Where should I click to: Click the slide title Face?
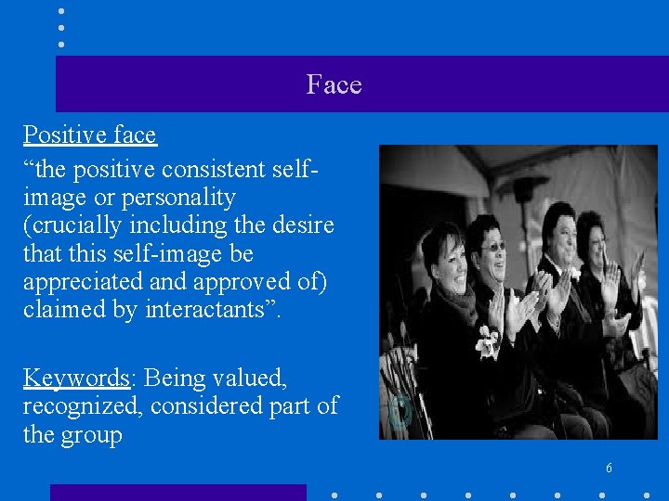[x=334, y=85]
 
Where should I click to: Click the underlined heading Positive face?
[x=89, y=135]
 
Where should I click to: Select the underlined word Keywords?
[x=75, y=379]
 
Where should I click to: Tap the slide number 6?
[x=609, y=468]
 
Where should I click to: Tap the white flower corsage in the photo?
[x=486, y=342]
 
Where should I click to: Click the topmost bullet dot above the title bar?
[x=60, y=10]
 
